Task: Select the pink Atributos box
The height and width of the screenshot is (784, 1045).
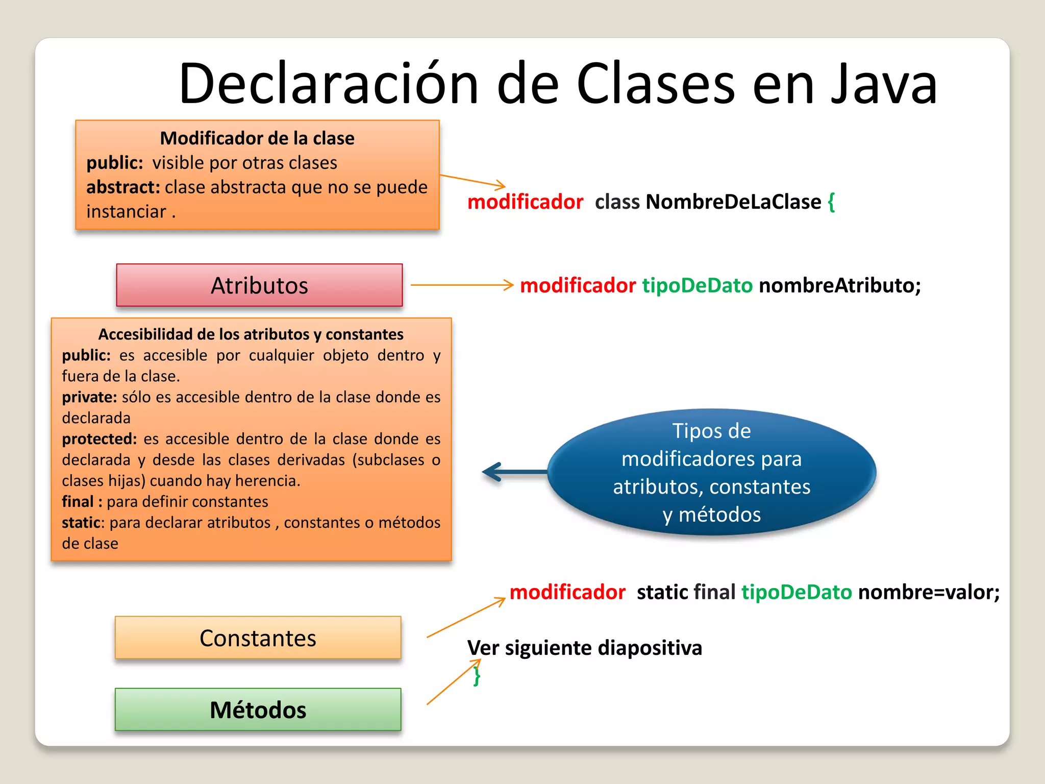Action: (259, 285)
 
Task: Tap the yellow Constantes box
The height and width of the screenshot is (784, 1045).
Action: (258, 638)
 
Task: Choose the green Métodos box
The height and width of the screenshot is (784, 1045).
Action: (258, 709)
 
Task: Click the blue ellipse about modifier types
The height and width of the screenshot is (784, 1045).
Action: (711, 472)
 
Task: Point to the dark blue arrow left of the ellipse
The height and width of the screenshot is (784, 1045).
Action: (513, 472)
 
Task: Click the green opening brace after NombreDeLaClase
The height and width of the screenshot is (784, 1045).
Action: (831, 202)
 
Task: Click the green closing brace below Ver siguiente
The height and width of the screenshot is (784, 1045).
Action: (477, 676)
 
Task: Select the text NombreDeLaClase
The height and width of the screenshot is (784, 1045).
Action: (733, 202)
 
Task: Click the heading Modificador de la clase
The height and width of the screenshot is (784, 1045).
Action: (257, 138)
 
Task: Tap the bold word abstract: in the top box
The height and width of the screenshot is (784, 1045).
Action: (123, 187)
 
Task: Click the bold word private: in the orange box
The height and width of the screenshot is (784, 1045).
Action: (89, 397)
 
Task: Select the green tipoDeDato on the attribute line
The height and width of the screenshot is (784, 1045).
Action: (697, 285)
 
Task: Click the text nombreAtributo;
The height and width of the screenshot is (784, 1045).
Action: (840, 285)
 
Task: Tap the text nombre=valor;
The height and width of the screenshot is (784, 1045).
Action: (929, 592)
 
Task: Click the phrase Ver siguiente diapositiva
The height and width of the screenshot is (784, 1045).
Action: (585, 648)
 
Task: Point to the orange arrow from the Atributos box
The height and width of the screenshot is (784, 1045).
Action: (462, 285)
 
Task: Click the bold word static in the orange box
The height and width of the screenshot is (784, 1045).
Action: (81, 523)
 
